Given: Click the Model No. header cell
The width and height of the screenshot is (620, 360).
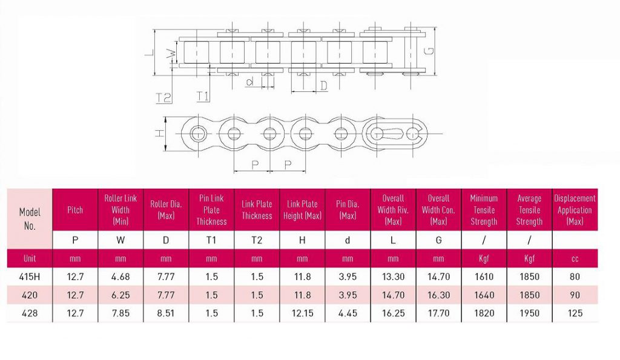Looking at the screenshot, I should click(30, 218).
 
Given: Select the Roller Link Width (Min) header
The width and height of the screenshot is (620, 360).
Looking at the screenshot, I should click(120, 209).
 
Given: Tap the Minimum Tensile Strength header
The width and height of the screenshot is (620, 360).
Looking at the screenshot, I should click(484, 209).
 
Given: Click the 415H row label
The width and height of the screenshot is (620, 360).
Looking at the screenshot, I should click(30, 277).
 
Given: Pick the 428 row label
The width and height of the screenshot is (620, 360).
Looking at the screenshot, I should click(30, 313).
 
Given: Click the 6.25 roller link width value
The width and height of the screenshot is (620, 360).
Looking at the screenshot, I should click(120, 295).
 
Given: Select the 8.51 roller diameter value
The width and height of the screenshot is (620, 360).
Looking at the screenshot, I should click(166, 313).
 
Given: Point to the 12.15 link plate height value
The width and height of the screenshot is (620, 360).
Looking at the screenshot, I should click(302, 313).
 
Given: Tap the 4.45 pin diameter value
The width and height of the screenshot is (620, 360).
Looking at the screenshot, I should click(348, 313).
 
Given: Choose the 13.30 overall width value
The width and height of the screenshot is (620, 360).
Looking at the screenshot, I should click(393, 277).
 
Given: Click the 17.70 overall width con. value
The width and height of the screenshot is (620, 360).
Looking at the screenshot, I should click(438, 313).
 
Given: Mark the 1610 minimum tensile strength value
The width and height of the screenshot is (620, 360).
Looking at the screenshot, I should click(484, 277).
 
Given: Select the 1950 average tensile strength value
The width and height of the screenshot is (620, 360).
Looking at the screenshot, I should click(529, 313).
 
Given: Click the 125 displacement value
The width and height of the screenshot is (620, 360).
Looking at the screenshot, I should click(575, 313).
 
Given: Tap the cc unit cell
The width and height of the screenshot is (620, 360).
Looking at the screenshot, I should click(575, 258).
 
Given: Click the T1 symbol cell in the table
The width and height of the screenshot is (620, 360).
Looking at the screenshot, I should click(211, 240).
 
